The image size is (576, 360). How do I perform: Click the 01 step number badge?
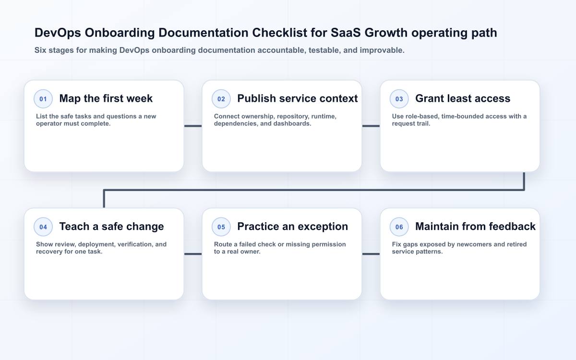click(x=43, y=99)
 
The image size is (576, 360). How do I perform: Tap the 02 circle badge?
click(x=221, y=99)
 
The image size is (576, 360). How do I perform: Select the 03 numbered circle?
click(x=399, y=99)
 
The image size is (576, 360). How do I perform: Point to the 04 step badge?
click(x=43, y=227)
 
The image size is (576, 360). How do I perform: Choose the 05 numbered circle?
click(x=221, y=227)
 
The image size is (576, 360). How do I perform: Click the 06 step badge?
click(x=399, y=227)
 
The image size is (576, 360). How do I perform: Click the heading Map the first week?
click(x=106, y=98)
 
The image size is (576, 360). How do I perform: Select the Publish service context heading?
click(x=298, y=98)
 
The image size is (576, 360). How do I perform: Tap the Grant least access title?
click(x=463, y=98)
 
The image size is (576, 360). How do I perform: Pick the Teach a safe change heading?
click(x=111, y=227)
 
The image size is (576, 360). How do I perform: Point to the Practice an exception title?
click(x=293, y=227)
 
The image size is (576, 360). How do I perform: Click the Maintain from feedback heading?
click(x=476, y=227)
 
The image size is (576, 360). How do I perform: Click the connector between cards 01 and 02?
click(x=193, y=126)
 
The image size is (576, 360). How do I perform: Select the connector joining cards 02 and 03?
click(x=371, y=126)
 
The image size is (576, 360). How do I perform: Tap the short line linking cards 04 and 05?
click(x=193, y=254)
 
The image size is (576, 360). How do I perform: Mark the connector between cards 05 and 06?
click(x=371, y=254)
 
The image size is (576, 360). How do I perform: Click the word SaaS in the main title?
click(x=346, y=33)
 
